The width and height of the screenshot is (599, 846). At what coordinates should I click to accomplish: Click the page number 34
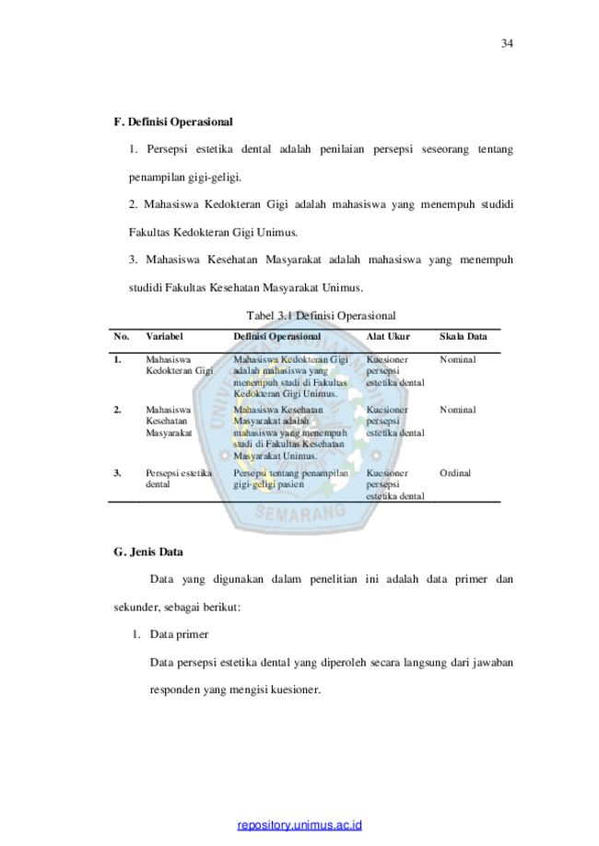tap(507, 43)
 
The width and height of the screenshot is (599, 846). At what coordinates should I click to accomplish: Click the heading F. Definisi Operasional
tap(173, 122)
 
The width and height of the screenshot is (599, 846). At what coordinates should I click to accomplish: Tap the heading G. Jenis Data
tap(148, 552)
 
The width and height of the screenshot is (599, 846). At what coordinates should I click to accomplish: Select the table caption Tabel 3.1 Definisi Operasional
tap(321, 316)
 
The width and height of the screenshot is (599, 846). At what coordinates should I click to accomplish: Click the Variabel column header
tap(164, 337)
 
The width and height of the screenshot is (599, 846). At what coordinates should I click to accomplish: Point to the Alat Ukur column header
tap(388, 337)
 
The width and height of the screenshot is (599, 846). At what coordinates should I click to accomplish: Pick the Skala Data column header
tap(463, 337)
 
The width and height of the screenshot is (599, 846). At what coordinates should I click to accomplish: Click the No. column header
tap(122, 337)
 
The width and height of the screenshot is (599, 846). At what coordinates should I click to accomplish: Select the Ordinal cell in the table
tap(455, 473)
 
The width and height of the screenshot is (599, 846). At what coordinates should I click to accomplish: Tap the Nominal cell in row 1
tap(457, 360)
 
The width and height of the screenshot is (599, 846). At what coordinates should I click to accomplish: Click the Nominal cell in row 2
tap(457, 410)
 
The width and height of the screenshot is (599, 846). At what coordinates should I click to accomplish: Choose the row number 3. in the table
tap(117, 473)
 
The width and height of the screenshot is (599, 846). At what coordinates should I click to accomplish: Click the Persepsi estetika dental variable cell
tap(179, 479)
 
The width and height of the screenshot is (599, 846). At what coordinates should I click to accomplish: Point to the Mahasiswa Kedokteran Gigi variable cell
tap(180, 365)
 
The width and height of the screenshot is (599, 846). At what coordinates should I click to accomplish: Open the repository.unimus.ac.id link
tap(299, 825)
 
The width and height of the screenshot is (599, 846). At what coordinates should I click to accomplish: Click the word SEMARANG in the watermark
tap(300, 512)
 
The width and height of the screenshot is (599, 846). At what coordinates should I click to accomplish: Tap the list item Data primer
tap(179, 634)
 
